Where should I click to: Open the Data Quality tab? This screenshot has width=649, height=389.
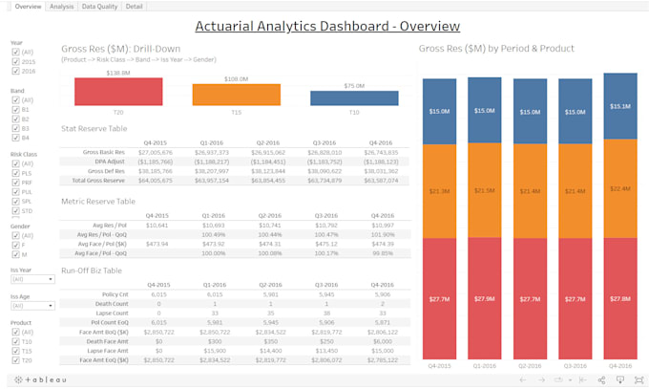point(98,7)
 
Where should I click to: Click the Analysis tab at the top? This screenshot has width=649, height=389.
point(62,7)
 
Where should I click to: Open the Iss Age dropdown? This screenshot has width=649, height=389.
point(31,306)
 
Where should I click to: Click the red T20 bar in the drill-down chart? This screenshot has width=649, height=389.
point(117,93)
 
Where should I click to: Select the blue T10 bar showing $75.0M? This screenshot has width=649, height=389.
point(353,97)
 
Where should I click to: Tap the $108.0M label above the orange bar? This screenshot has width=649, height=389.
point(236,79)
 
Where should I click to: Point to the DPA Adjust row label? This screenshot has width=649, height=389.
point(109,162)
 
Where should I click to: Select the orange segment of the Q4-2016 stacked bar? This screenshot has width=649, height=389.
point(620,188)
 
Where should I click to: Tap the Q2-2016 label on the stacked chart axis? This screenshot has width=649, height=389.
point(530,365)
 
